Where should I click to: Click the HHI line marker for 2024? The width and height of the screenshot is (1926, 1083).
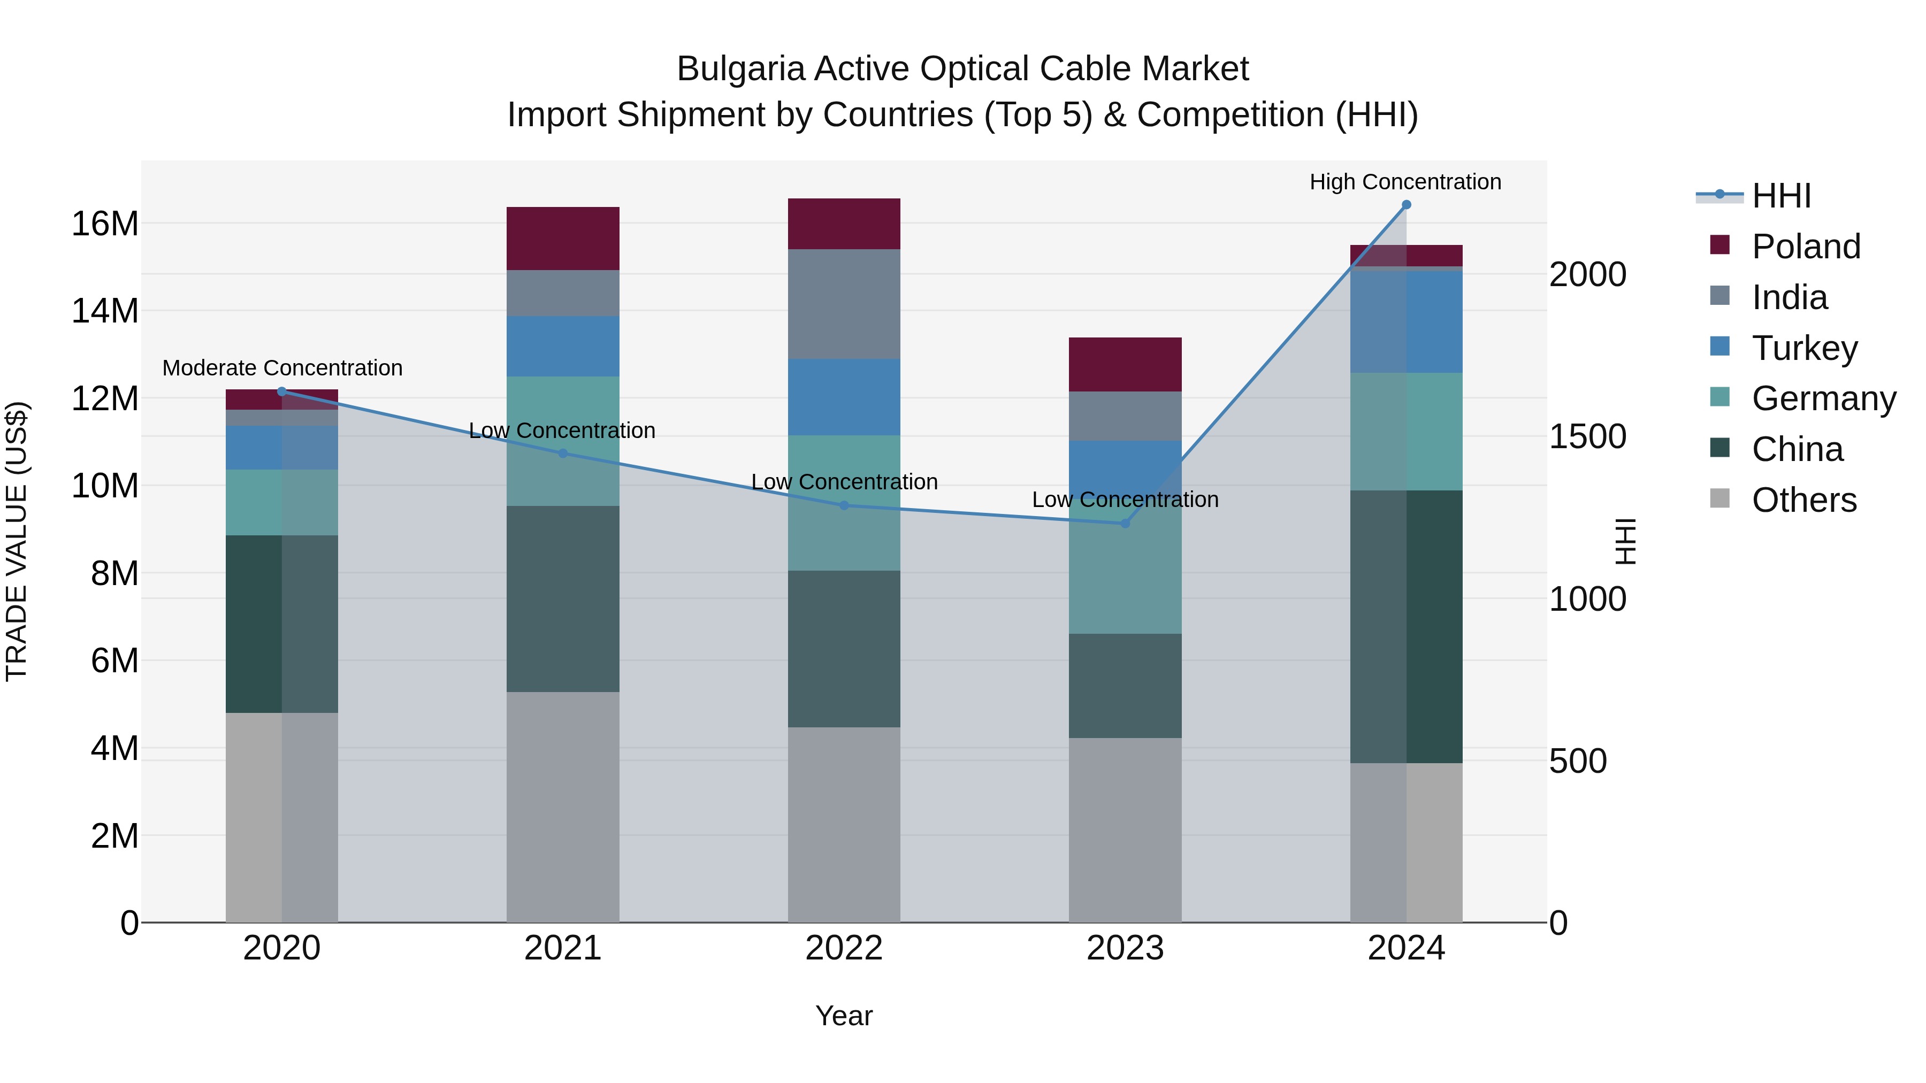point(1405,205)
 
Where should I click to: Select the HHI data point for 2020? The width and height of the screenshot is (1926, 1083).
point(282,391)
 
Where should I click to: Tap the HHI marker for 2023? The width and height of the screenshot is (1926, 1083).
point(1125,523)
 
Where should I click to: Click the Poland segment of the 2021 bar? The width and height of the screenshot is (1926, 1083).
point(562,239)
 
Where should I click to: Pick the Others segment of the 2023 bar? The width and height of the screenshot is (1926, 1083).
point(1125,829)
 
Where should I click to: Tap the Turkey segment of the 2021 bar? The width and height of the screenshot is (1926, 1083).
point(562,346)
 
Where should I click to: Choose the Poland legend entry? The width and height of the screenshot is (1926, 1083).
point(1805,247)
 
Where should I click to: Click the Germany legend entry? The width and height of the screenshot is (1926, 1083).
point(1823,398)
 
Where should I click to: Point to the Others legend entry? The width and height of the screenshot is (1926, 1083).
point(1803,500)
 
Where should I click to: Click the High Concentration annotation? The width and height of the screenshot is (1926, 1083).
point(1405,182)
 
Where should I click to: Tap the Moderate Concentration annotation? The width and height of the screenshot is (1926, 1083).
point(282,368)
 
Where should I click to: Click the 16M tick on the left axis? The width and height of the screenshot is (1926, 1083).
point(105,224)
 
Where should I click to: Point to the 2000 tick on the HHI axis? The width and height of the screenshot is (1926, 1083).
point(1587,274)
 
